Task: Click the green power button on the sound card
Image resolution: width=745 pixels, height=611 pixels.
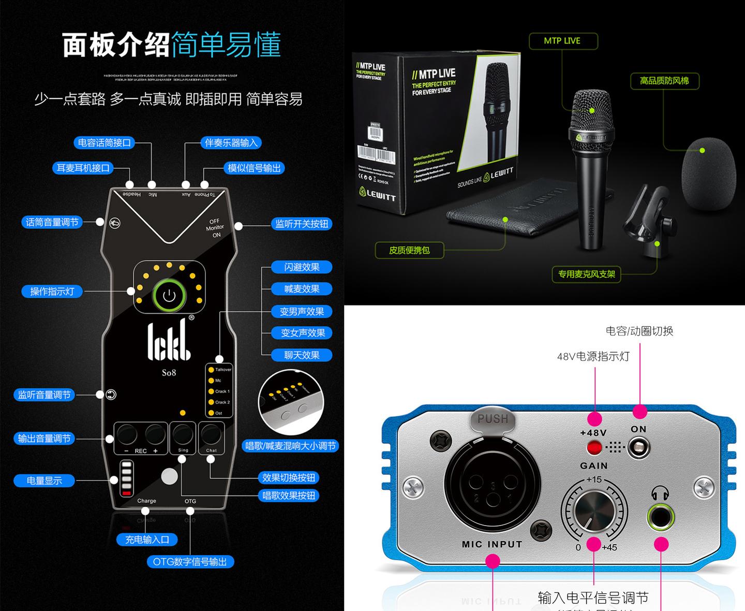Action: tap(169, 296)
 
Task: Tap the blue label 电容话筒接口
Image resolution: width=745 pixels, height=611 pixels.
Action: tap(104, 143)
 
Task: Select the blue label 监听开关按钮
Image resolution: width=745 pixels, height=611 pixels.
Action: tap(302, 224)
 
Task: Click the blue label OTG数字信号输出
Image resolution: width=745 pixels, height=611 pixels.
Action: tap(190, 562)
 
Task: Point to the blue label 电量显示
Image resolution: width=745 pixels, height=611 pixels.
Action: tap(44, 481)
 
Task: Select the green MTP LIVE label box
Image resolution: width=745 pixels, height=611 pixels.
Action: tap(562, 41)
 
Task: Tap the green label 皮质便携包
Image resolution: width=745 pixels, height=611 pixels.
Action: tap(409, 250)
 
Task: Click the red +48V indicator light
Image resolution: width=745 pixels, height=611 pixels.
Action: tap(594, 447)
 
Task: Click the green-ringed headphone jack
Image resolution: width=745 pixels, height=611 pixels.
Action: tap(661, 516)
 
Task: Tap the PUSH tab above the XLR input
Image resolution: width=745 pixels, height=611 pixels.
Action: tap(493, 419)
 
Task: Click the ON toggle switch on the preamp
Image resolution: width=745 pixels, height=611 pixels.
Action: tap(638, 447)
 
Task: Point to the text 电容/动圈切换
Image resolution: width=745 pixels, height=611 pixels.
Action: tap(639, 331)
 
